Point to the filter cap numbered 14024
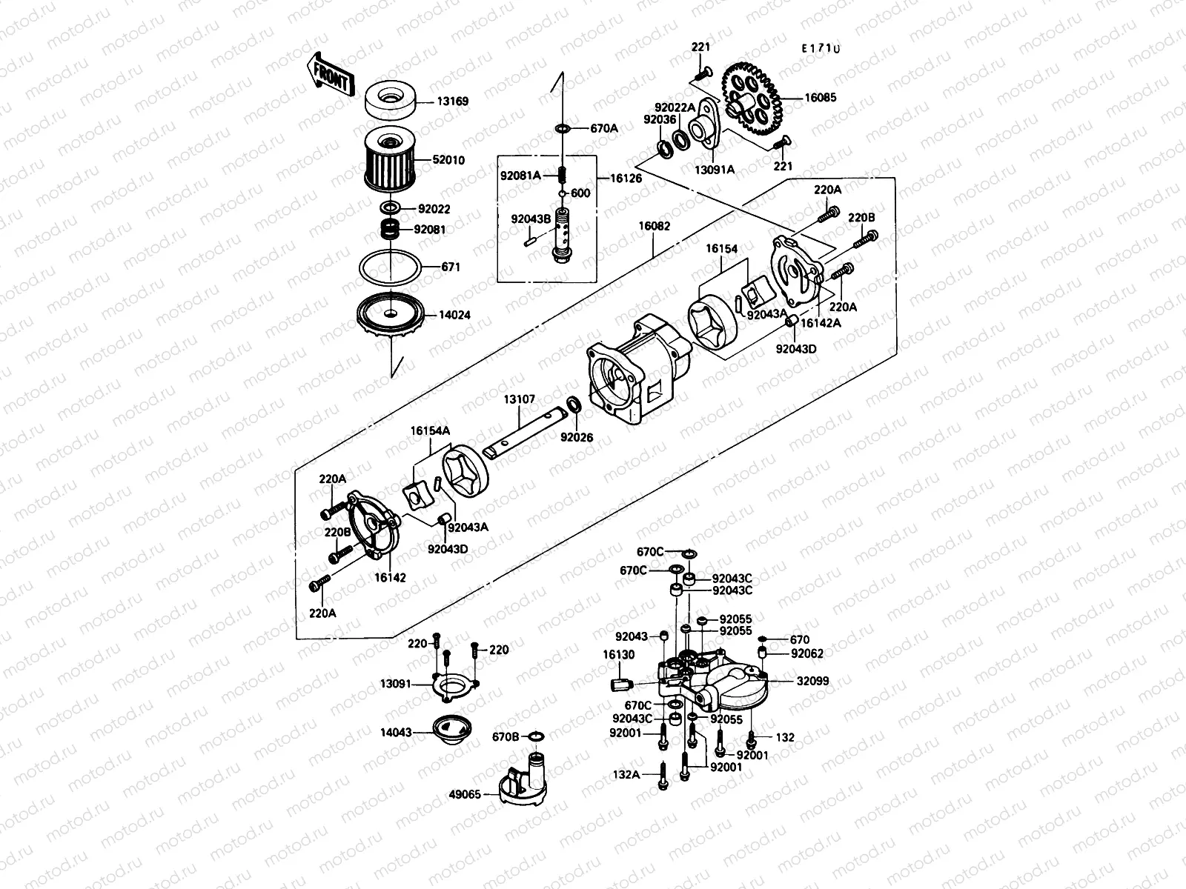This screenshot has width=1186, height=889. (x=390, y=316)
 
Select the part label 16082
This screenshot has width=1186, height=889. (x=652, y=227)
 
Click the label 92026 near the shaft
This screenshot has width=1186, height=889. (x=576, y=437)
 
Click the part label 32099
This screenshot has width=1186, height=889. (x=812, y=681)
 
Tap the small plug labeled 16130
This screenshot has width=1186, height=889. (x=620, y=683)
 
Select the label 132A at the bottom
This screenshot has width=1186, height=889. (x=625, y=774)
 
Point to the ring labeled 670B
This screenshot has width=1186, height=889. (x=537, y=736)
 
